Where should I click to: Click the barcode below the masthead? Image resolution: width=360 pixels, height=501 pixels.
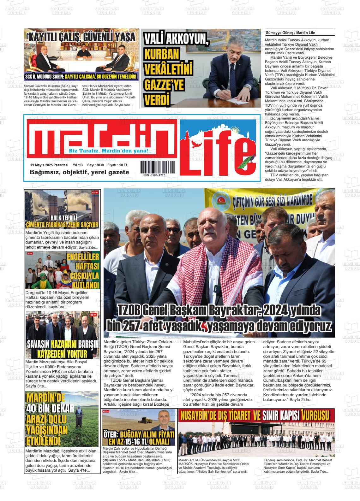pos(158,167)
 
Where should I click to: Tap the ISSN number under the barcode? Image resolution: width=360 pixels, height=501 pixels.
pos(153,175)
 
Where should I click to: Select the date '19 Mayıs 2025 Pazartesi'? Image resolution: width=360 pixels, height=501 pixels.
pos(49,165)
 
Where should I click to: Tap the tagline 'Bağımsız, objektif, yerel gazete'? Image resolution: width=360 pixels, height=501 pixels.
pos(79,172)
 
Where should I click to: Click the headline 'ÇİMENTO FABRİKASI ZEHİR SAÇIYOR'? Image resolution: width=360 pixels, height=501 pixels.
pos(63,225)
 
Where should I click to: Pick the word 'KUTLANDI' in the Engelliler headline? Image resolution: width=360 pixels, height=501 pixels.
pos(85,285)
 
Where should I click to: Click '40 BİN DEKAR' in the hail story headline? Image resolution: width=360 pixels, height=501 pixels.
pos(46,408)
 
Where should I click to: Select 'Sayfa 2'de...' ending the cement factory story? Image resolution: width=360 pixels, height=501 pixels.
pos(89,247)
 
